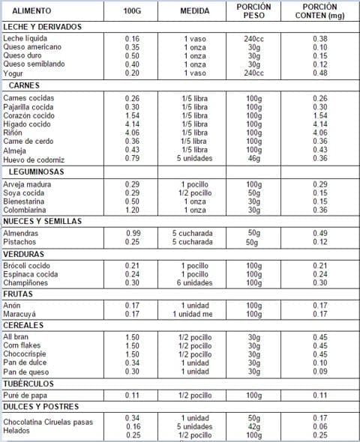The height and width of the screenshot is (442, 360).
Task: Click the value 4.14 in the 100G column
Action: (132, 124)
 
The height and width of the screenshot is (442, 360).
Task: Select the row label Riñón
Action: (14, 133)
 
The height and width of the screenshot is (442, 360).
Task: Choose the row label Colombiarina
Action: (25, 210)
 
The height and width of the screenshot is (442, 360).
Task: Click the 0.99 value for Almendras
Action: (133, 234)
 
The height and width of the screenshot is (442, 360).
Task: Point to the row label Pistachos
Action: (20, 242)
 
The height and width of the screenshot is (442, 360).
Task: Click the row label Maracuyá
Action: (19, 314)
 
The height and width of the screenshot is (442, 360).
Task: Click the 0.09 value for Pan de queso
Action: (320, 371)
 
